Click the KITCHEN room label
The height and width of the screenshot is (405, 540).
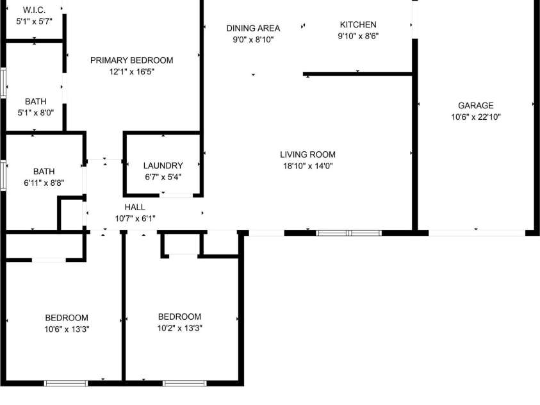[x=358, y=25]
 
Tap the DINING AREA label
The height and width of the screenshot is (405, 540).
[x=253, y=28]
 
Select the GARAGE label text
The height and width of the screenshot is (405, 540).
[x=475, y=106]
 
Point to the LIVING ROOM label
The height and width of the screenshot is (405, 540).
[x=307, y=154]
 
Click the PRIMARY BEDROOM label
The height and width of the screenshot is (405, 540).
[x=131, y=61]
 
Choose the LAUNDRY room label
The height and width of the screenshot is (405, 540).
[x=163, y=165]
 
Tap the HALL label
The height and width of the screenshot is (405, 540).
[x=135, y=208]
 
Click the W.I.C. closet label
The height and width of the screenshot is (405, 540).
[x=34, y=10]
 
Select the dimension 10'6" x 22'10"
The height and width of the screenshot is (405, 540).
[x=475, y=117]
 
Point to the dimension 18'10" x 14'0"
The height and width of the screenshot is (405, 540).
[x=307, y=166]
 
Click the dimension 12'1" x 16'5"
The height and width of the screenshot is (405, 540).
[x=131, y=72]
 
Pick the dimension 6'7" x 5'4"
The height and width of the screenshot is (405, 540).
[x=163, y=176]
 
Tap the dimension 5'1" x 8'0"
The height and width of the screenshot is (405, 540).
[x=35, y=112]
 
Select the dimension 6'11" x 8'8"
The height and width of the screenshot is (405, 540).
[x=44, y=182]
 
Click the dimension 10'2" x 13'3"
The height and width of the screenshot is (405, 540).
[x=179, y=328]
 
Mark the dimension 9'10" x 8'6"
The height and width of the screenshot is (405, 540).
[x=358, y=37]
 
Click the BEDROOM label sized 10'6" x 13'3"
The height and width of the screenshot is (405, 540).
[x=67, y=318]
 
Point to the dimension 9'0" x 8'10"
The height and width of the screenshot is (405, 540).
[x=253, y=39]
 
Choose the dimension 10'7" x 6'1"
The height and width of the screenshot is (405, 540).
[x=135, y=219]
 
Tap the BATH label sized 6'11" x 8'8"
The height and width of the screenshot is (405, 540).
[x=44, y=171]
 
